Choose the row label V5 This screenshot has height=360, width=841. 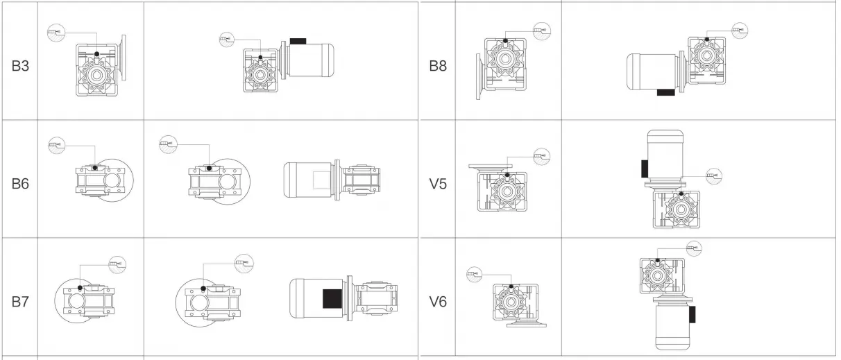click(439, 185)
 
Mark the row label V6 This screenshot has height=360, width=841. click(439, 302)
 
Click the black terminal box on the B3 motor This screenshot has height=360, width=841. click(298, 42)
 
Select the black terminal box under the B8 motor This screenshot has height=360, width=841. click(665, 92)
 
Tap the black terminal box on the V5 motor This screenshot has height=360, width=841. click(645, 168)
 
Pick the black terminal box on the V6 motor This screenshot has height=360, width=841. click(692, 314)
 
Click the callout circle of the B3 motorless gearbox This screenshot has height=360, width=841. click(53, 32)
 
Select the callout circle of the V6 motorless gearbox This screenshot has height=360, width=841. click(473, 275)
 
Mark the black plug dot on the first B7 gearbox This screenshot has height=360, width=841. click(80, 288)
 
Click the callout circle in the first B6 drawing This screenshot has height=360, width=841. click(56, 145)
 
